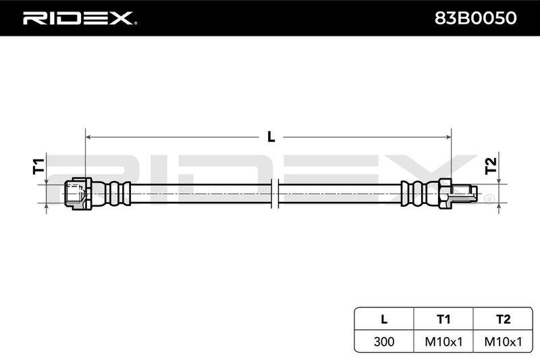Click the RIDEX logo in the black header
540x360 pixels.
coord(78,18)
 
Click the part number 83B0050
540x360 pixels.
coord(476,18)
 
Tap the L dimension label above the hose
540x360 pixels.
coord(271,137)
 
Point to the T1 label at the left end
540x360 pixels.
coord(39,166)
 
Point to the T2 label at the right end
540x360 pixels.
coord(491,165)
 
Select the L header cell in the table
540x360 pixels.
coord(384,319)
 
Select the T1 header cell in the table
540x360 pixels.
coord(443,319)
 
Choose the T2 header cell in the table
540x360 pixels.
coord(503,319)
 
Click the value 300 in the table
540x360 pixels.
coord(384,342)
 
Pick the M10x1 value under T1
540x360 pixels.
coord(443,342)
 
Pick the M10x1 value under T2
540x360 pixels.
coord(503,342)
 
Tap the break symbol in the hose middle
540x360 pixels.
coord(275,193)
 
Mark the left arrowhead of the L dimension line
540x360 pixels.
coord(88,137)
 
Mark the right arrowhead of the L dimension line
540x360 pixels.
coord(448,137)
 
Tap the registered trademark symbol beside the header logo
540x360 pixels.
coord(136,24)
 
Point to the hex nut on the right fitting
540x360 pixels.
coord(446,193)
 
